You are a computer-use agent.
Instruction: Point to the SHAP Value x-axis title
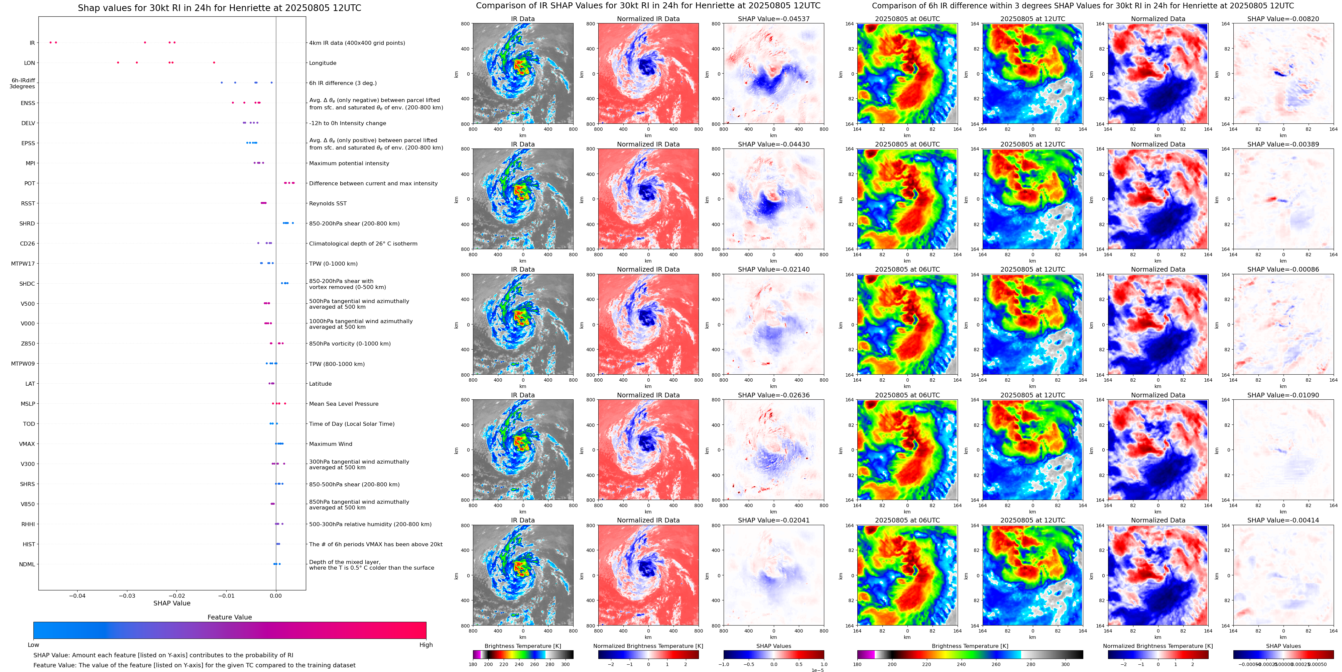pyautogui.click(x=171, y=603)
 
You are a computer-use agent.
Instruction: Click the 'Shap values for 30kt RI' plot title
pyautogui.click(x=219, y=8)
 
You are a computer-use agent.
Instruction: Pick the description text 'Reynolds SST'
pyautogui.click(x=327, y=203)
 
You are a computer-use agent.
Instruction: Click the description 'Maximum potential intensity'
pyautogui.click(x=349, y=163)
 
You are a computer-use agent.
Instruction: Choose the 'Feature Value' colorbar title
pyautogui.click(x=229, y=617)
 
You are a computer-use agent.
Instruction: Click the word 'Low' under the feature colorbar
pyautogui.click(x=33, y=645)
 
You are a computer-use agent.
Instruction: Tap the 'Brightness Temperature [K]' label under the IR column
pyautogui.click(x=522, y=646)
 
